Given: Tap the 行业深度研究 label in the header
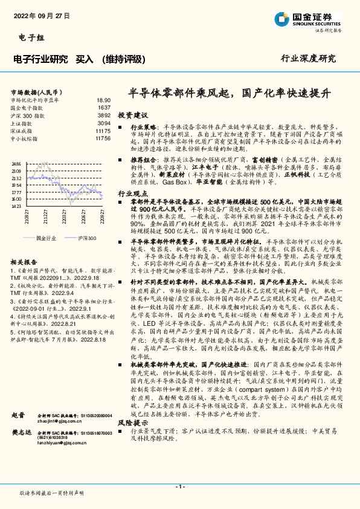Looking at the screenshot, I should pyautogui.click(x=308, y=58).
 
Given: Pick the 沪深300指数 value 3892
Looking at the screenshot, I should pyautogui.click(x=104, y=115).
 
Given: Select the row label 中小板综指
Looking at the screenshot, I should pyautogui.click(x=25, y=138).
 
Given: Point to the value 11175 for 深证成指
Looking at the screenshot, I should pyautogui.click(x=103, y=131).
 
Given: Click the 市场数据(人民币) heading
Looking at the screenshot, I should pyautogui.click(x=38, y=91).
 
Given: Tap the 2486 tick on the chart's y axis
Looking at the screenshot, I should pyautogui.click(x=16, y=163).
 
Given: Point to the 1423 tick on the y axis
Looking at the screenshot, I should pyautogui.click(x=16, y=206).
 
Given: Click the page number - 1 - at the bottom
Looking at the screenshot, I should pyautogui.click(x=179, y=487).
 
